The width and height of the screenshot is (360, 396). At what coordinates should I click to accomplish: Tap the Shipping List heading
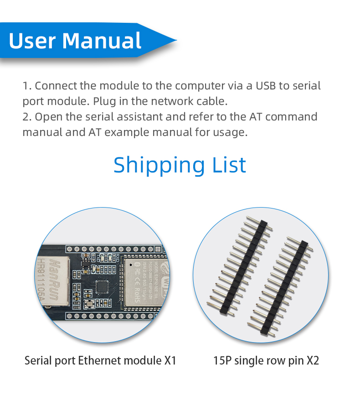click(180, 165)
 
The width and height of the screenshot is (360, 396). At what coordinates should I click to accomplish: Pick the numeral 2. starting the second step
click(27, 116)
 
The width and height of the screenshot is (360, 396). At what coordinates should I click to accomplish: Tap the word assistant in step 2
click(139, 116)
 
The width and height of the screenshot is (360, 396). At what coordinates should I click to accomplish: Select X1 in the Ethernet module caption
click(169, 360)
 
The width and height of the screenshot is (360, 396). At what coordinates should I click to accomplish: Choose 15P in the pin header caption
click(222, 360)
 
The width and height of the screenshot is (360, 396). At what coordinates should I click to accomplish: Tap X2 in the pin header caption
click(312, 360)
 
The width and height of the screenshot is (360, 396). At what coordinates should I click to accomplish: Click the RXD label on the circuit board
click(117, 257)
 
